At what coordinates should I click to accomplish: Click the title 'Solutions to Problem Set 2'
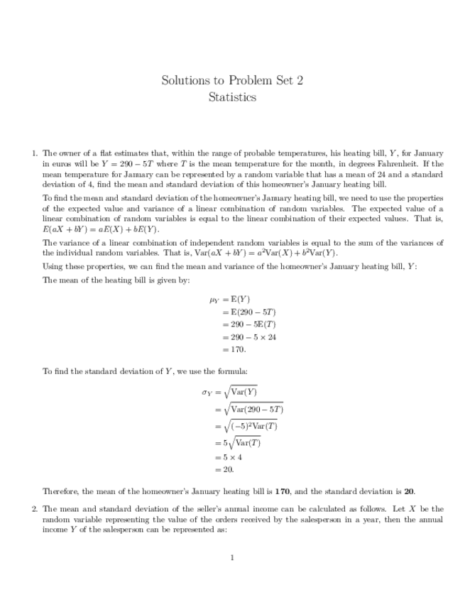232,80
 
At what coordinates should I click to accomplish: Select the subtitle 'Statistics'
232,97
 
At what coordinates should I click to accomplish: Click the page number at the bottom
232,557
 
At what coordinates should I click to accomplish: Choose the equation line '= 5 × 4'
231,457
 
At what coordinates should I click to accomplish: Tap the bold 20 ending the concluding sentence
410,491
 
